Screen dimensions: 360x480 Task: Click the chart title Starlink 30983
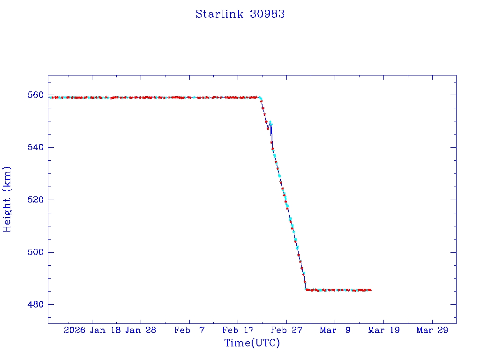[x=240, y=14]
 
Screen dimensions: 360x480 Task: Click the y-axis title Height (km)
[x=7, y=199]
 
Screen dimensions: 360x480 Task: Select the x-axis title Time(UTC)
[x=252, y=343]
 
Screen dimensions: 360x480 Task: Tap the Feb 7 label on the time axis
[x=189, y=330]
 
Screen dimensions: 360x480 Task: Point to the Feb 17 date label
[x=238, y=330]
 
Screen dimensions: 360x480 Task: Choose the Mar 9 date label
[x=335, y=330]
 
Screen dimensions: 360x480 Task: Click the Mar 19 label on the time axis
[x=383, y=330]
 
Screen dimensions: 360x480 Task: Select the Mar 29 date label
[x=432, y=330]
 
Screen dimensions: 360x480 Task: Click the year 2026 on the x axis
[x=75, y=330]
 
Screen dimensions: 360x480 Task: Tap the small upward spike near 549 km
[x=270, y=122]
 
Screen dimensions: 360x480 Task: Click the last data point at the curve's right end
[x=370, y=290]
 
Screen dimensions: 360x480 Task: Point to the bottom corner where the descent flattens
[x=306, y=290]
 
